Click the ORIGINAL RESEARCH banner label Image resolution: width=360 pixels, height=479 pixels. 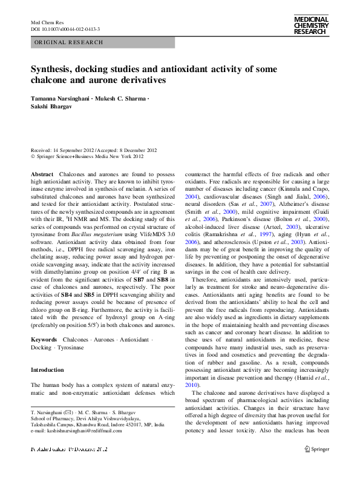tap(68, 42)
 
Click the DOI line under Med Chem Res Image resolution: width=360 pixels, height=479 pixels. tap(65, 29)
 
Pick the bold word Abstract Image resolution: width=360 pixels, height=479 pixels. tap(42, 174)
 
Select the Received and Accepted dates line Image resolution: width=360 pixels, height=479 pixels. tap(94, 150)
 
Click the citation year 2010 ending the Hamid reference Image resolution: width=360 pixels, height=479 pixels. tap(192, 385)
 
